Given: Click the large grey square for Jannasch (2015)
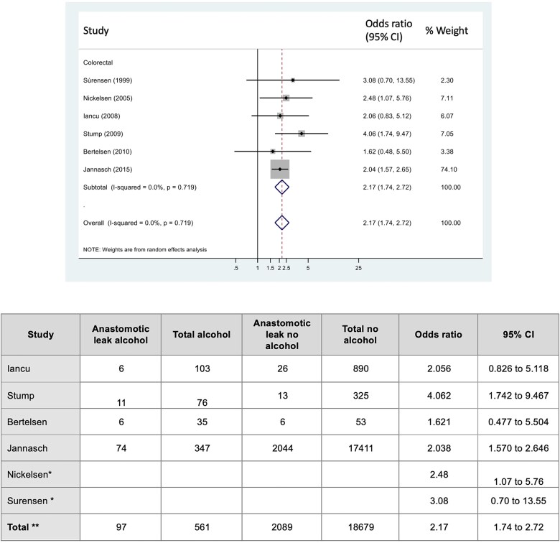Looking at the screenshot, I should [x=280, y=170].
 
